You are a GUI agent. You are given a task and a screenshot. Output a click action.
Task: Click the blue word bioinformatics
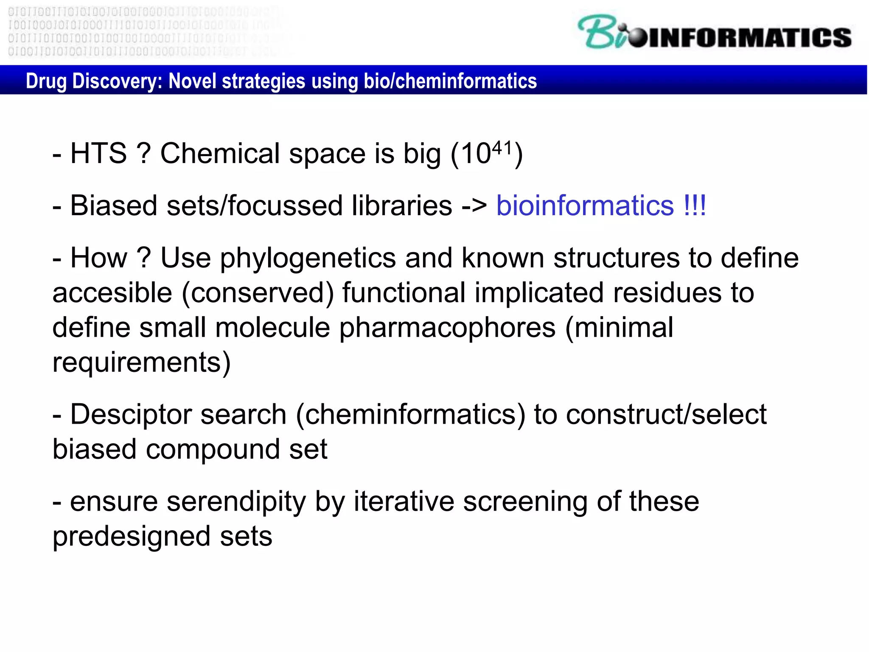[x=585, y=206]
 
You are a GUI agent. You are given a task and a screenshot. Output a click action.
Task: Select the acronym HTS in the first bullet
[x=98, y=153]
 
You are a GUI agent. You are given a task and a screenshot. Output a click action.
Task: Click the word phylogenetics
[x=308, y=259]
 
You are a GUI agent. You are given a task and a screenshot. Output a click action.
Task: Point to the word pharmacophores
[x=447, y=328]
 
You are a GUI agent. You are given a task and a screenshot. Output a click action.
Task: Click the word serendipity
[x=236, y=502]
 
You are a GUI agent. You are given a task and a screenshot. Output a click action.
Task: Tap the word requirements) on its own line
[x=142, y=363]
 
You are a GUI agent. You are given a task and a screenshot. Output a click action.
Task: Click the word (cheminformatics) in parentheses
[x=410, y=414]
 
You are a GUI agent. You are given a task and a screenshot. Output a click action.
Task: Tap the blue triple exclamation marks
[x=695, y=206]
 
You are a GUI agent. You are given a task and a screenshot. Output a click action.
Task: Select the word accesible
[x=112, y=293]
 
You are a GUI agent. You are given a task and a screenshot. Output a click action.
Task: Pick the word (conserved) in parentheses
[x=258, y=293]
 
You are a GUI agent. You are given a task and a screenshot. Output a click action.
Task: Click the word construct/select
[x=666, y=414]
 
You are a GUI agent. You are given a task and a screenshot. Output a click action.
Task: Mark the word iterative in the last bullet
[x=404, y=502]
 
